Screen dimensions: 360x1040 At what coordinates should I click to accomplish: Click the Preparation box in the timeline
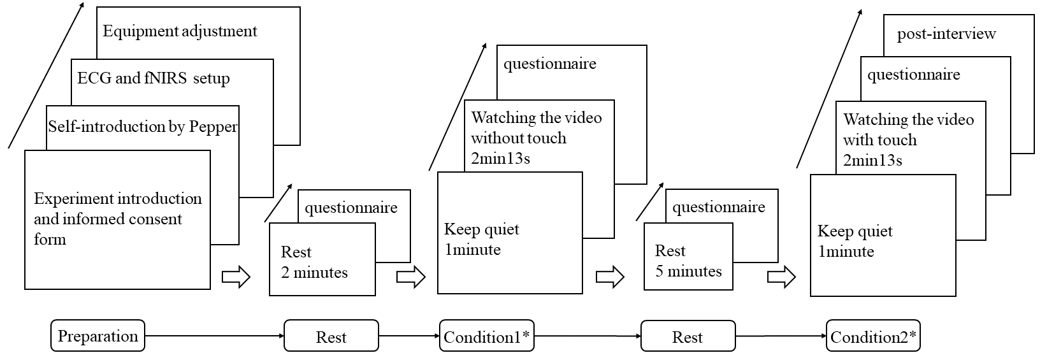coord(97,336)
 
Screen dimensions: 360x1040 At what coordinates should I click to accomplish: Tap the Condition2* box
coord(873,336)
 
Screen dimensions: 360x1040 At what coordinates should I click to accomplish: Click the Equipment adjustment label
coord(180,31)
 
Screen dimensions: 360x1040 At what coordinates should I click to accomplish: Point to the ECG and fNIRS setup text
coord(153,78)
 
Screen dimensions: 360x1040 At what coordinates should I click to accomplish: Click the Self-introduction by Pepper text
coord(143,126)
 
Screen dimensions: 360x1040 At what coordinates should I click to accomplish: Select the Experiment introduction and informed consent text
coord(117,219)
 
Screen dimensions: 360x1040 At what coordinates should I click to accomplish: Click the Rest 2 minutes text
coord(314,262)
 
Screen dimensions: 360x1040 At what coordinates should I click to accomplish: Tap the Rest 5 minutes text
coord(688,261)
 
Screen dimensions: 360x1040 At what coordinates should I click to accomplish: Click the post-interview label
coord(946,34)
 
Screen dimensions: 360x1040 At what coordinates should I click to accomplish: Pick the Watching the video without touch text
coord(536,138)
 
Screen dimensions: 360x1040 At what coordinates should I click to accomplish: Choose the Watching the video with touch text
coord(908,140)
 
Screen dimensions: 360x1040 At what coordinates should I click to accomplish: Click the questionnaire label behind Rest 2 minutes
coord(350,208)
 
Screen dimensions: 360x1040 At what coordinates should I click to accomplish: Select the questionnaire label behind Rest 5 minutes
coord(718,206)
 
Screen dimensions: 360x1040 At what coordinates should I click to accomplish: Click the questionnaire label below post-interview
coord(913,75)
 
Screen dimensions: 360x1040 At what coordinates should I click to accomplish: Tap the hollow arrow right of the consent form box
coord(236,277)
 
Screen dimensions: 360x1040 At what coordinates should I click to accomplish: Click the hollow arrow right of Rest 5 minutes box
coord(781,277)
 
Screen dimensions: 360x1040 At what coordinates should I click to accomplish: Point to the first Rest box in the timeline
coord(331,336)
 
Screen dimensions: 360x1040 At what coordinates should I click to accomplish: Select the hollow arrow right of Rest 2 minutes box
coord(410,277)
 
